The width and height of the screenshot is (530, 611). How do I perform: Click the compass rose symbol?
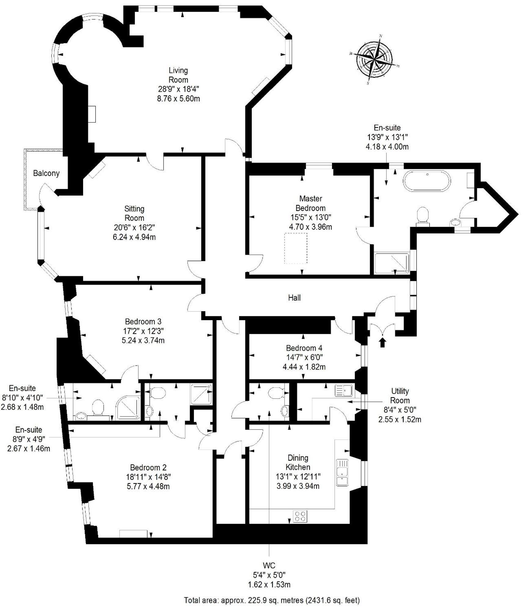(x=375, y=60)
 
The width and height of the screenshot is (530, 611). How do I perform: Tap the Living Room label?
(x=178, y=75)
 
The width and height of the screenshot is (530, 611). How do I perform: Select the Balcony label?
(x=46, y=173)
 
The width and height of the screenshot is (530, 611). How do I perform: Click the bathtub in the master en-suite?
(x=427, y=181)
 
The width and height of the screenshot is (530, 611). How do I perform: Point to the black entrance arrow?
(x=382, y=342)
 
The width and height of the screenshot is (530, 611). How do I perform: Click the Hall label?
(x=294, y=298)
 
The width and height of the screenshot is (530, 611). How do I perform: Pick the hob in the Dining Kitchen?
(x=300, y=517)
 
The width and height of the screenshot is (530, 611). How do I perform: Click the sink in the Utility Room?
(x=344, y=390)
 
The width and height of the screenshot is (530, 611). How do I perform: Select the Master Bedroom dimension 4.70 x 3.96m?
(x=311, y=227)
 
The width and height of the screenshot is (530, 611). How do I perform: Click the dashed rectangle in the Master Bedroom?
(x=296, y=248)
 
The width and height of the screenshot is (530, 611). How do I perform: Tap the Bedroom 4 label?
(x=304, y=348)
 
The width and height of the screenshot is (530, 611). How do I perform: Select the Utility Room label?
(x=400, y=396)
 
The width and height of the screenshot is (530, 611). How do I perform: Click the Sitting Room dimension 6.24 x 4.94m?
(x=134, y=237)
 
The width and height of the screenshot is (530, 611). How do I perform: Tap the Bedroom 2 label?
(x=148, y=467)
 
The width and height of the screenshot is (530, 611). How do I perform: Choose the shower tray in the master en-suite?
(x=391, y=263)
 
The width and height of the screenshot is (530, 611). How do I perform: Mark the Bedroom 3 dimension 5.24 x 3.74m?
(x=143, y=340)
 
